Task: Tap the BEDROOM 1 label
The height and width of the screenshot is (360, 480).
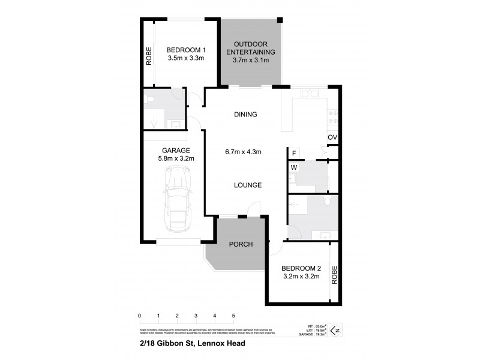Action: (x=186, y=50)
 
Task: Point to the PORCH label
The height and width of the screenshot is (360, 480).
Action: (x=241, y=244)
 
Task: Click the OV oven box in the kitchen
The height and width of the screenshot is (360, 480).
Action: (x=332, y=137)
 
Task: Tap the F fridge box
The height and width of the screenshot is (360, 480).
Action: (x=294, y=154)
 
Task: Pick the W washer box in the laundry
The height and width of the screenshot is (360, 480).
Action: (x=294, y=168)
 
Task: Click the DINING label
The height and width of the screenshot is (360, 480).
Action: (x=245, y=115)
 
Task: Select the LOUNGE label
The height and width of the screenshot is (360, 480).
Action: (x=247, y=185)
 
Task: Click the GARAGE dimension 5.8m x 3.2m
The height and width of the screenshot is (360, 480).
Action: (x=176, y=158)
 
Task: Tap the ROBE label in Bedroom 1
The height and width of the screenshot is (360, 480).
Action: (x=148, y=56)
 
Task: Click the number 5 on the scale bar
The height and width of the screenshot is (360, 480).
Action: (x=233, y=315)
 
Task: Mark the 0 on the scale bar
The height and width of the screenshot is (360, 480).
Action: (x=139, y=315)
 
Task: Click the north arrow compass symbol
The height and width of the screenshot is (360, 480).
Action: (x=337, y=329)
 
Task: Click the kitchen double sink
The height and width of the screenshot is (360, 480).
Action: (x=308, y=94)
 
